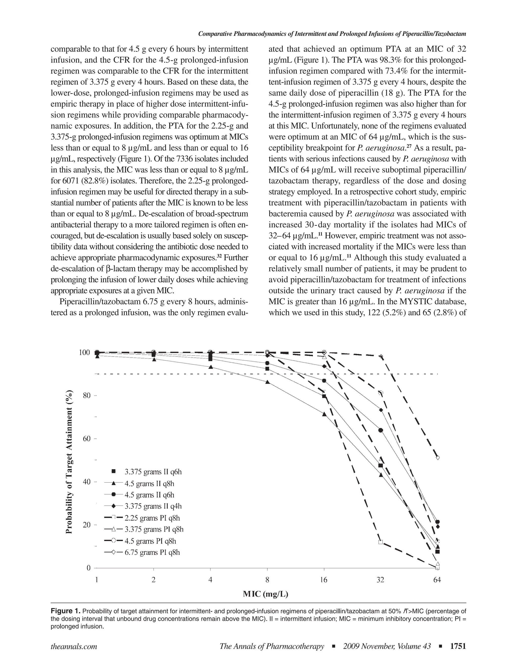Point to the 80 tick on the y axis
coord(86,395)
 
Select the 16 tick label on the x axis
coord(324,580)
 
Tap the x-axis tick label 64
coord(437,580)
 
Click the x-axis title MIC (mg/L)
coord(266,594)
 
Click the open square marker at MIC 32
coord(381,542)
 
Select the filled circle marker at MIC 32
coord(381,430)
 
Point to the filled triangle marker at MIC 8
coord(268,382)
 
